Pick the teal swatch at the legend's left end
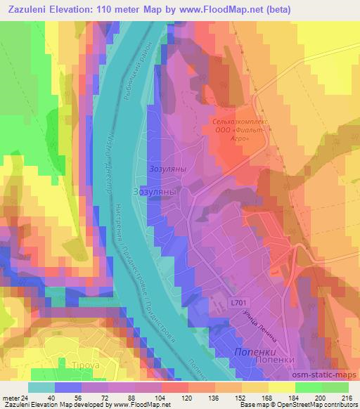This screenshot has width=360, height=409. click(41, 387)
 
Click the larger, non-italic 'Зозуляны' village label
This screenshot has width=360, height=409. click(154, 190)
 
